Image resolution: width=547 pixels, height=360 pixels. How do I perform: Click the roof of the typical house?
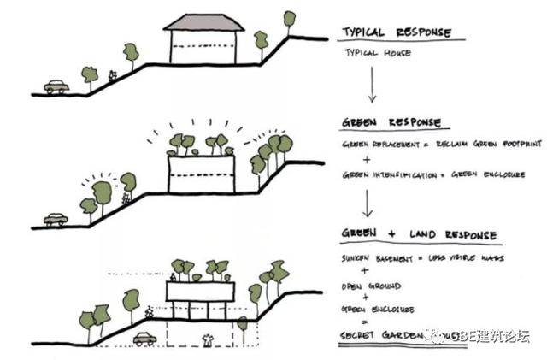tap(203, 21)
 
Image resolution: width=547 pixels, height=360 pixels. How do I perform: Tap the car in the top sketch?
tap(57, 86)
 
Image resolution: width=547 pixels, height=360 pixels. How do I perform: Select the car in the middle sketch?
tap(56, 220)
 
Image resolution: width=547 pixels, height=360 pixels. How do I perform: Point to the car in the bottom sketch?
tap(144, 338)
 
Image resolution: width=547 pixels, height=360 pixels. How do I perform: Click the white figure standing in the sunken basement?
tap(206, 339)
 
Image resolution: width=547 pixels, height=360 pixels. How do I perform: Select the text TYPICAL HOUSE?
tap(377, 52)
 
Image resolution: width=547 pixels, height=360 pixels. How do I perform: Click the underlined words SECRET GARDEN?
tap(379, 338)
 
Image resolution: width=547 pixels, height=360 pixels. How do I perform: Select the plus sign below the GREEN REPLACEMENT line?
tap(368, 159)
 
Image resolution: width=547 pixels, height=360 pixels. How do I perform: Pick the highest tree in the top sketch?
tap(290, 18)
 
